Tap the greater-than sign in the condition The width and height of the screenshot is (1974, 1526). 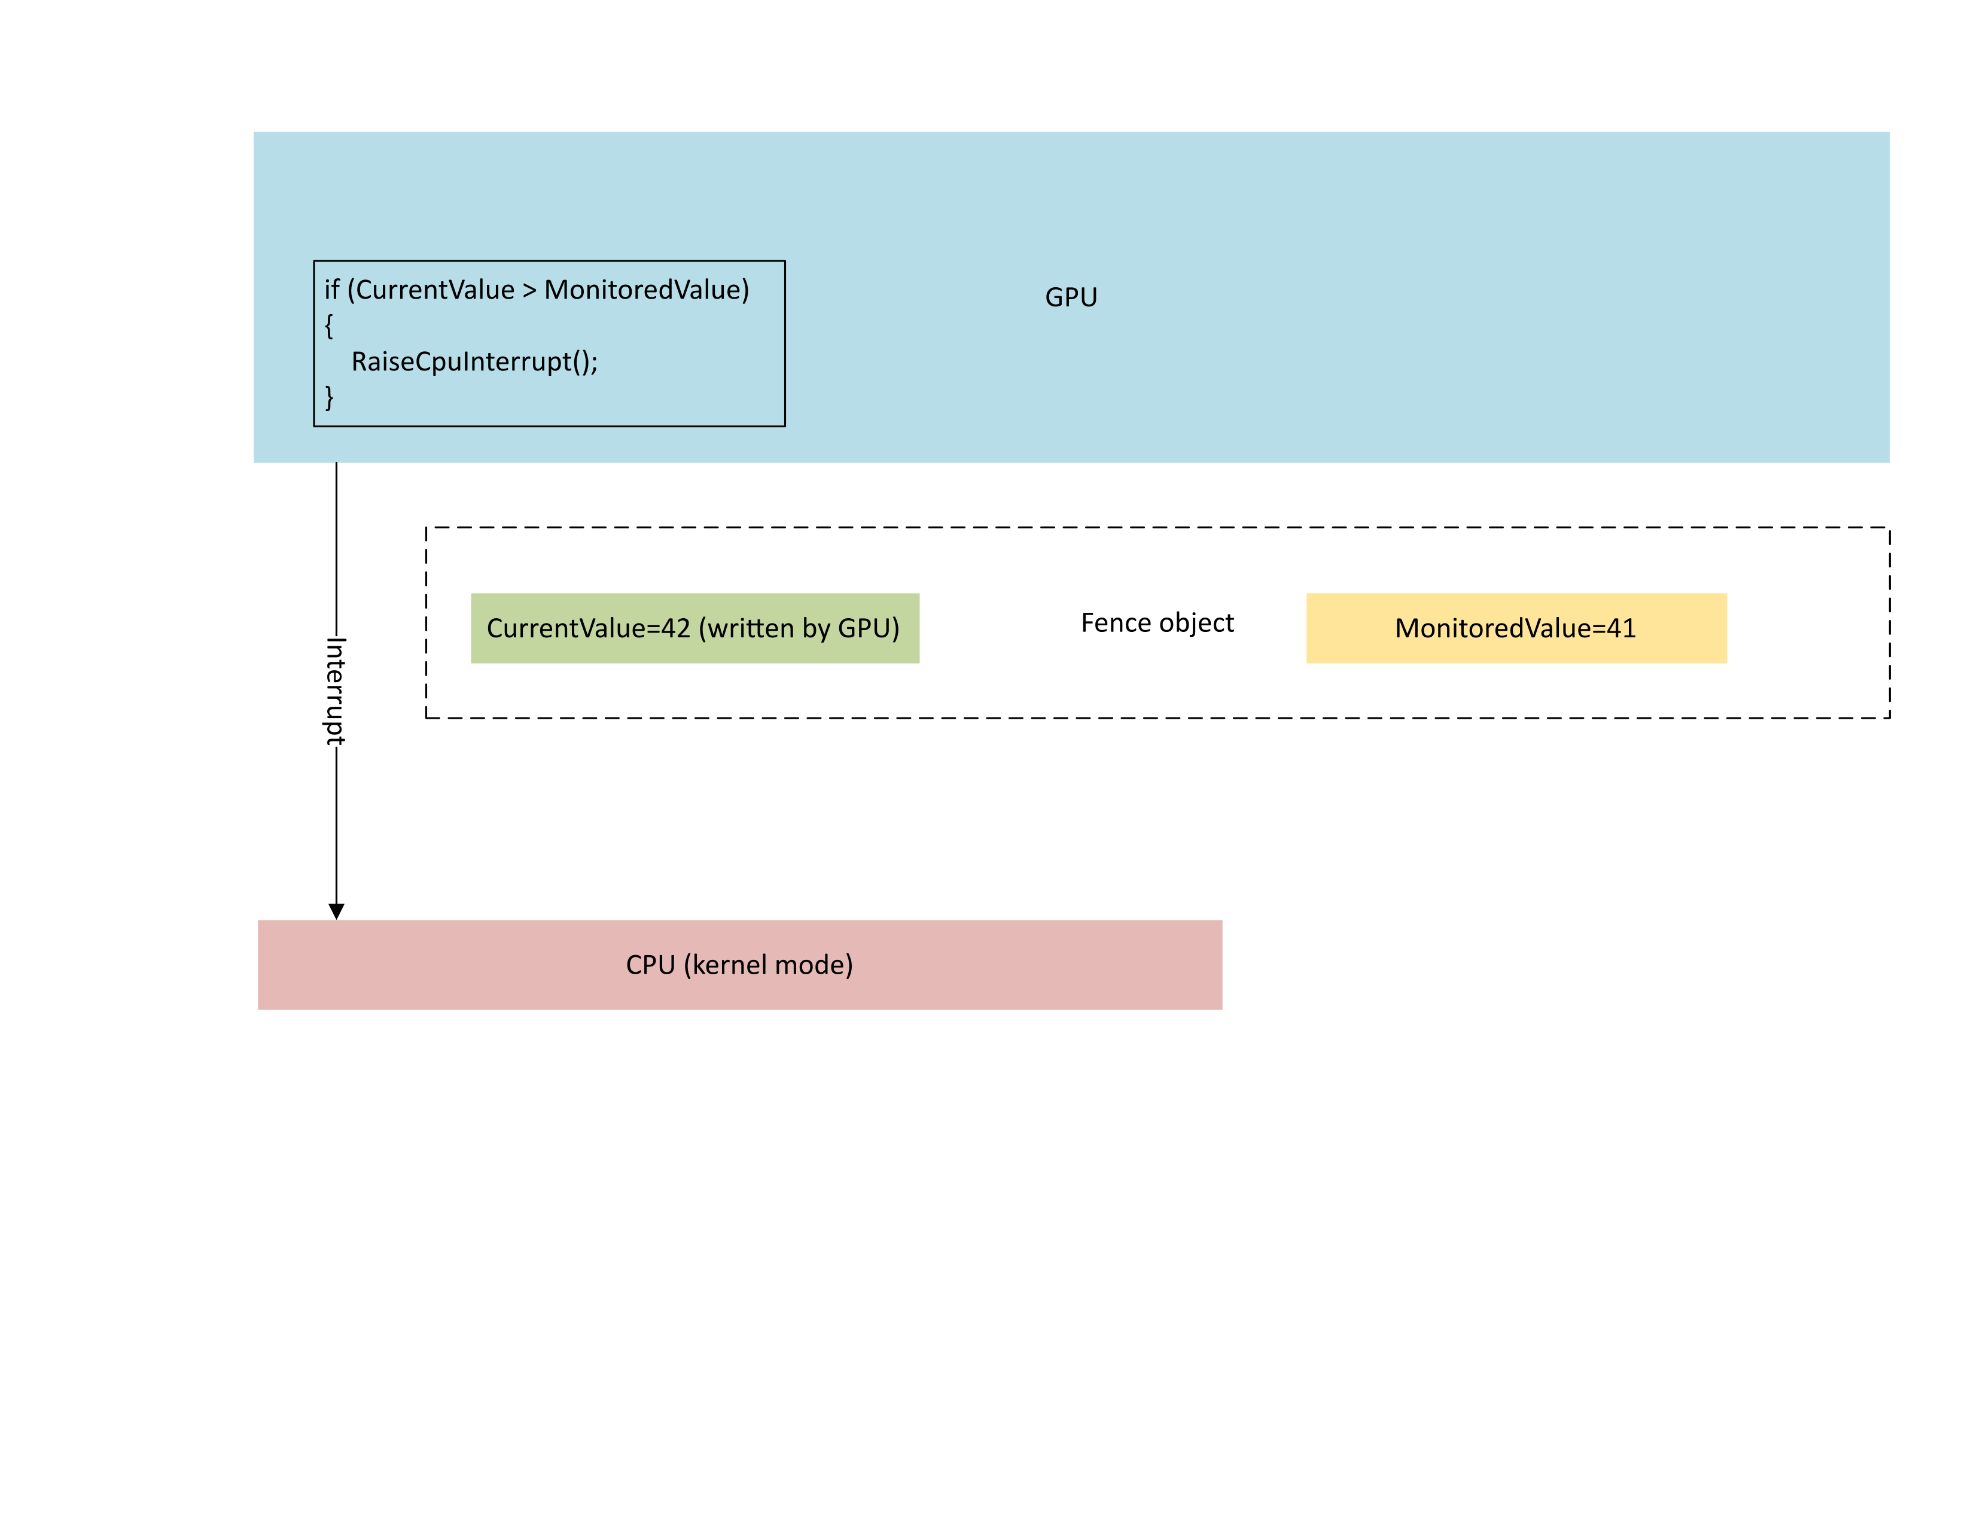tap(529, 290)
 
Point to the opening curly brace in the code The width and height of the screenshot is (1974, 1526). tap(329, 326)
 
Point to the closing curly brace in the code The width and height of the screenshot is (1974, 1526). tap(329, 397)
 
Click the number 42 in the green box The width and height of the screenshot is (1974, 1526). tap(675, 628)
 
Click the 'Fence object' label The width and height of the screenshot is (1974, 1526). tap(1157, 623)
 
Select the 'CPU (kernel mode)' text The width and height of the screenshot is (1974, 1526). tap(739, 965)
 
